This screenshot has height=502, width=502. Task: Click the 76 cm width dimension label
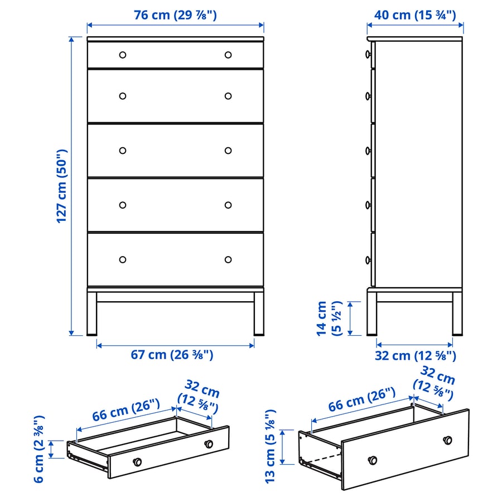[175, 16]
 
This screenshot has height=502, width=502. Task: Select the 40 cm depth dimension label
[415, 15]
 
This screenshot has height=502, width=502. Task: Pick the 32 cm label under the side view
[415, 355]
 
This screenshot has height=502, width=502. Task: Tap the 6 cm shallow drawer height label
[38, 449]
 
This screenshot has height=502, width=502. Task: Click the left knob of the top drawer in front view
[123, 55]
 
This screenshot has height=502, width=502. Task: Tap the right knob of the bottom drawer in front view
[228, 259]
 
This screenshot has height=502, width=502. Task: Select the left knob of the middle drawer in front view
[123, 151]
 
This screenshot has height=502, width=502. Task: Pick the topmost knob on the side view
[368, 55]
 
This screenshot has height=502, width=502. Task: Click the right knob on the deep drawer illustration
[447, 440]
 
